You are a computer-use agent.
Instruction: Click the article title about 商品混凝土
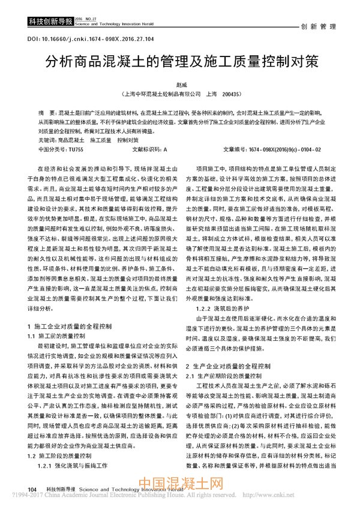tap(180, 63)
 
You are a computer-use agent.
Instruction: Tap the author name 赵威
tap(180, 86)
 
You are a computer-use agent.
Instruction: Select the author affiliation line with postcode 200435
tap(180, 94)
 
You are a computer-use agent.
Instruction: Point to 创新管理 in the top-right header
tap(317, 27)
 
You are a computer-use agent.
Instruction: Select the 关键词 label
tap(46, 139)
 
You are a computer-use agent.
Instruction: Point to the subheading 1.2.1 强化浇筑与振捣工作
tap(72, 465)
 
